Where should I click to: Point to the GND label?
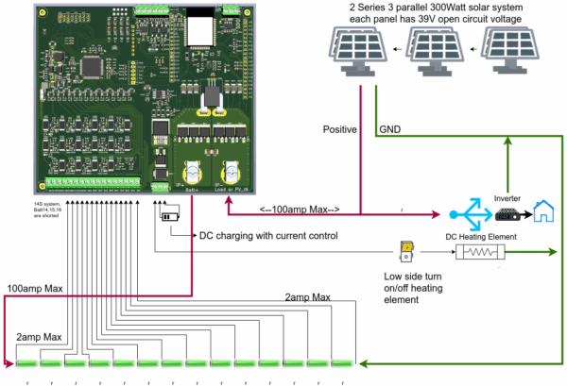(389, 128)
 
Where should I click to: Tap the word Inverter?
(507, 198)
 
